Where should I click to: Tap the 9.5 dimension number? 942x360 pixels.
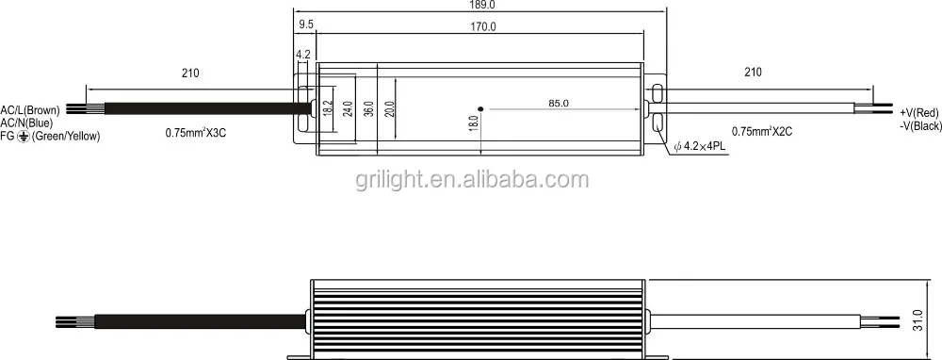click(306, 25)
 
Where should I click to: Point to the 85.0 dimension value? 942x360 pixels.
click(558, 103)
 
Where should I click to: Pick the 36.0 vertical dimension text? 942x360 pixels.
click(369, 109)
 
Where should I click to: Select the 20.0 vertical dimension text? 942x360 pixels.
click(389, 109)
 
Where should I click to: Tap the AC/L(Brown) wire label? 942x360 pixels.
click(30, 110)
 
